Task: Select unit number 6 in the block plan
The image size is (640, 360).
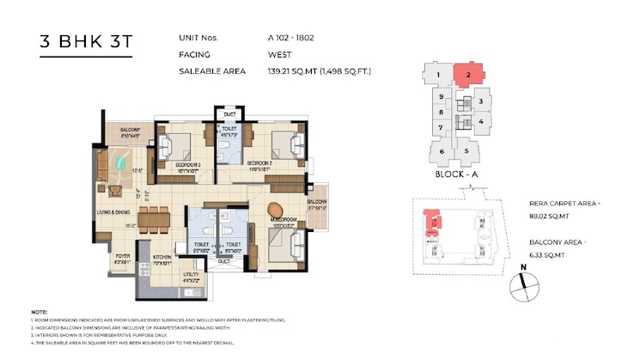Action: pos(442,152)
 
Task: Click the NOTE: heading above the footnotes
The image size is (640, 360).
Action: pos(39,312)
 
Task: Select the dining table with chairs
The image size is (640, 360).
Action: pos(154,217)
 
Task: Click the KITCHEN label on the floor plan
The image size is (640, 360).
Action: pos(164,257)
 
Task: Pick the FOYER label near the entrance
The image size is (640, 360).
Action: pos(122,256)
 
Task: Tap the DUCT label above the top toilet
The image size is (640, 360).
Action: pos(229,114)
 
